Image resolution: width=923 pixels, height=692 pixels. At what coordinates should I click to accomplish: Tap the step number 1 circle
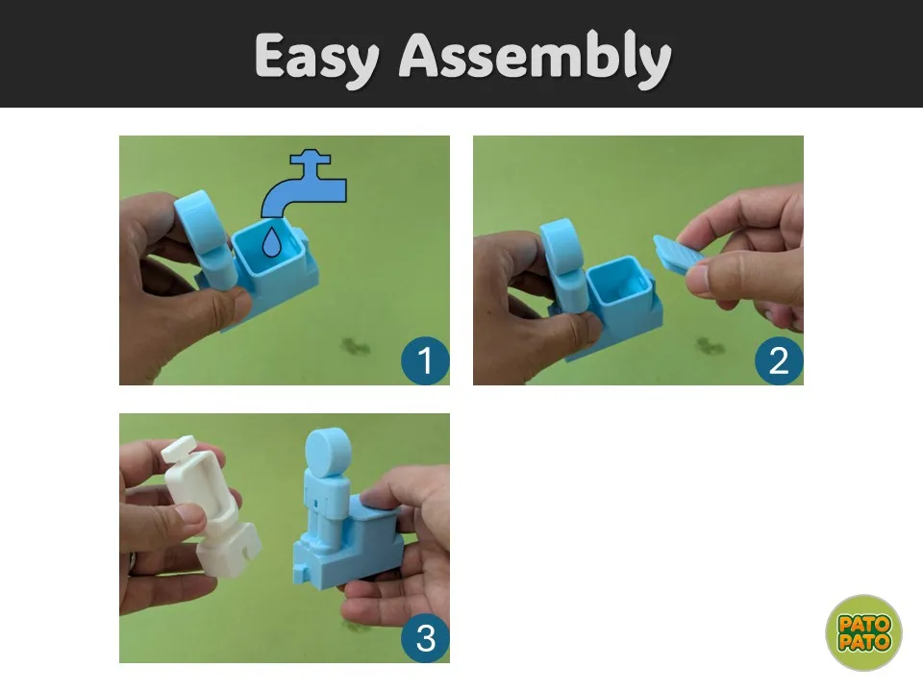(x=424, y=360)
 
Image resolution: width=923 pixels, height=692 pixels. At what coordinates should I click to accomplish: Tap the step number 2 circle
(x=778, y=360)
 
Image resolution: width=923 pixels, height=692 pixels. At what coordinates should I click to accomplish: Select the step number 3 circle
(x=424, y=638)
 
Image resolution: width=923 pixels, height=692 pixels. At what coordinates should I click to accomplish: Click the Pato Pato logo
(x=863, y=632)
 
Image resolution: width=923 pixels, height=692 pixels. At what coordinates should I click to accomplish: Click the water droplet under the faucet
(x=271, y=242)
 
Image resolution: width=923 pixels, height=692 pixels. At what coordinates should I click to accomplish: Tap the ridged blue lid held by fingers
(x=678, y=254)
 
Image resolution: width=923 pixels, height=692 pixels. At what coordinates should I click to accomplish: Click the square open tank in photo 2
(x=618, y=284)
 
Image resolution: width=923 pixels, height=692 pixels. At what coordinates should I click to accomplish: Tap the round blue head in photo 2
(x=561, y=243)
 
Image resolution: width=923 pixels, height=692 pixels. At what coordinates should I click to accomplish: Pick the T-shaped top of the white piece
(x=179, y=450)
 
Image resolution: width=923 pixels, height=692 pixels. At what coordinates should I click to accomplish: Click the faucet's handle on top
(x=311, y=157)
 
